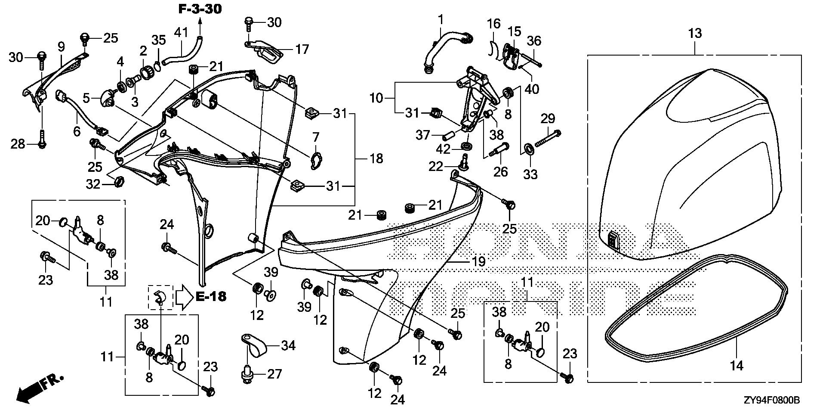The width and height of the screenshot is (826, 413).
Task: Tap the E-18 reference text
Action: (211, 296)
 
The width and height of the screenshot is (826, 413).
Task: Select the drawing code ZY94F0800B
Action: (771, 401)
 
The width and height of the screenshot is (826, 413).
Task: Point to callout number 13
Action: (695, 33)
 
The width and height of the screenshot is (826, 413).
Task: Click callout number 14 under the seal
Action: (737, 365)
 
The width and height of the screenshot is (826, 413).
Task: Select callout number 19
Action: (478, 261)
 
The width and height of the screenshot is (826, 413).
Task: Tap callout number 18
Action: (376, 158)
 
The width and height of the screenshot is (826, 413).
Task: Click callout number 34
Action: (288, 345)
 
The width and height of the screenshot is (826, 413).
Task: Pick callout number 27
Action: (274, 373)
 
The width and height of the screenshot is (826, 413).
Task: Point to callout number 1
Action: (440, 19)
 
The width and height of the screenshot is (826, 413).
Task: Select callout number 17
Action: (302, 50)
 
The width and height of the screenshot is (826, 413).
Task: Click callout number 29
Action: (548, 118)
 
